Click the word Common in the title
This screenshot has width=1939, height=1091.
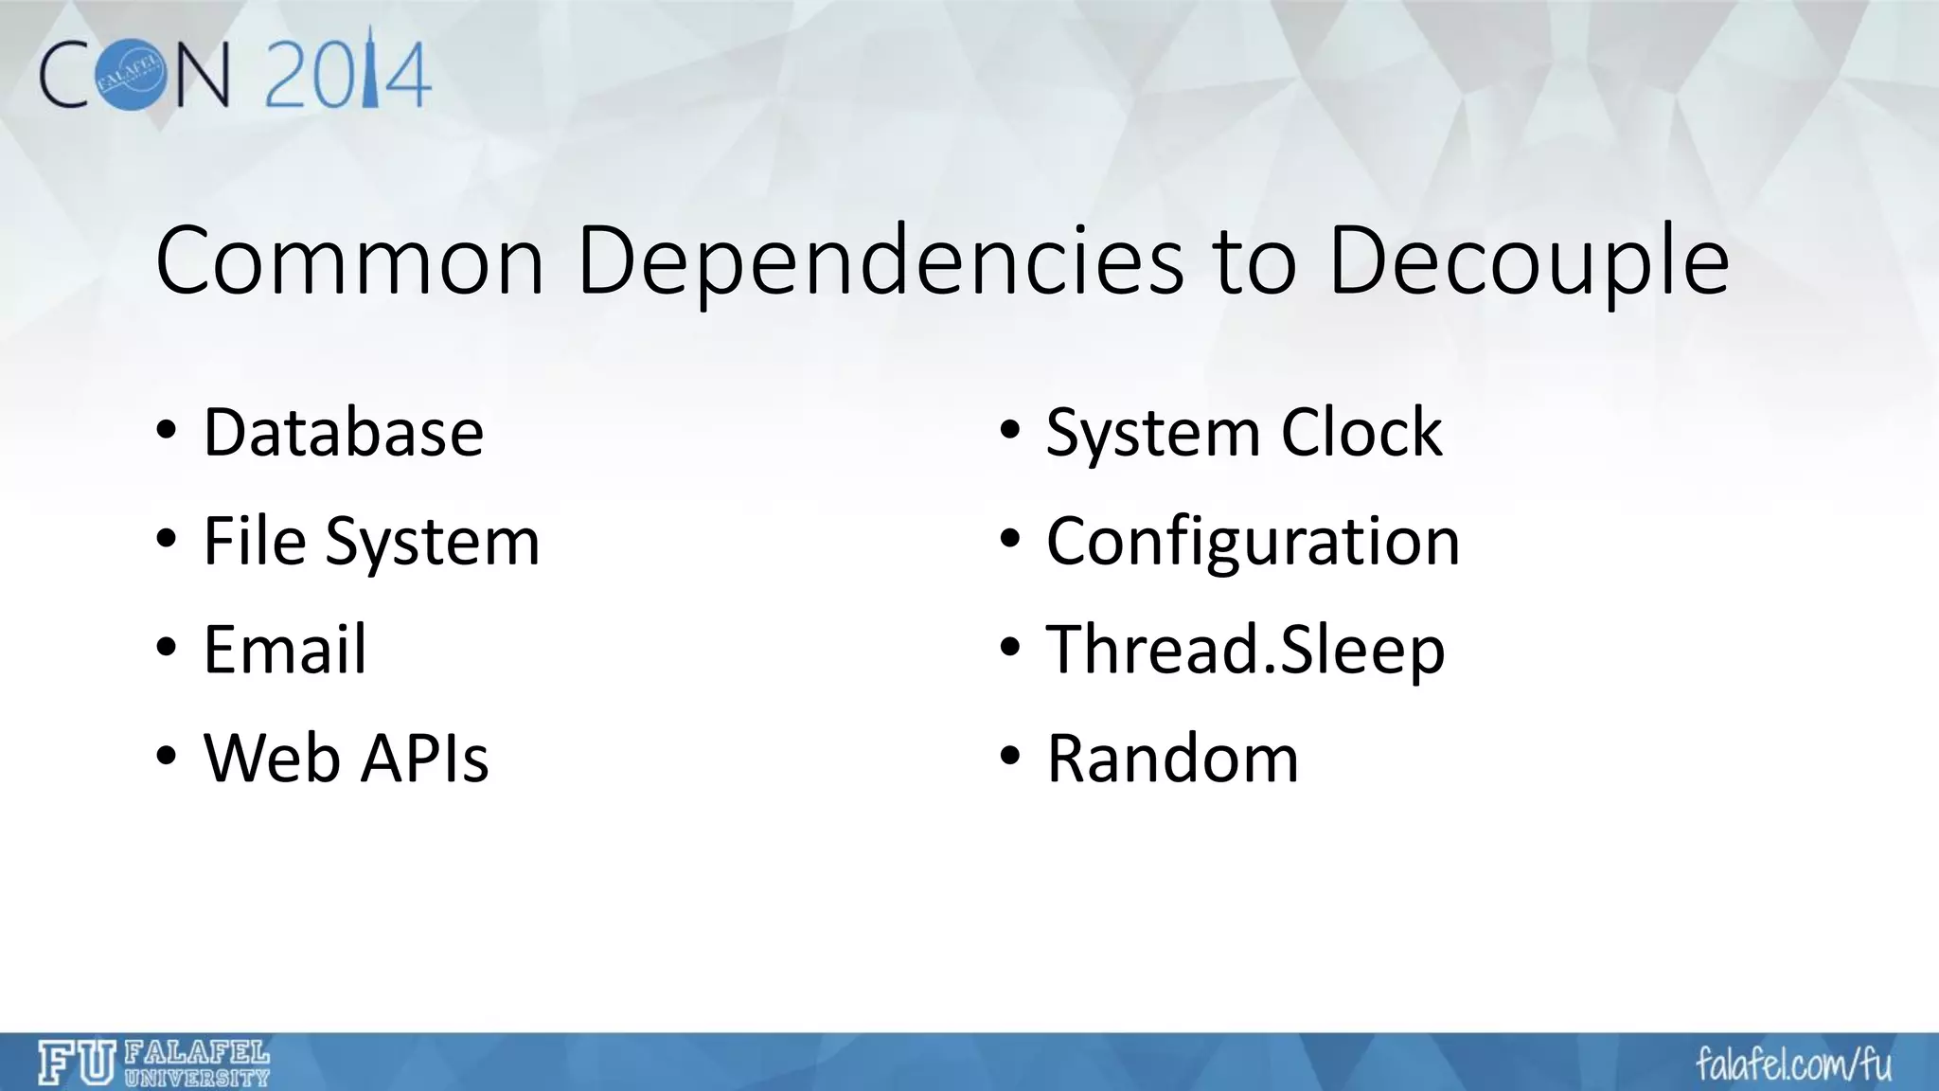click(349, 261)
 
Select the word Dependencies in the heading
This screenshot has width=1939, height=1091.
click(880, 261)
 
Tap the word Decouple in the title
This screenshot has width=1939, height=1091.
click(1528, 261)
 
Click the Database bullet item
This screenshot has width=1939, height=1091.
click(344, 433)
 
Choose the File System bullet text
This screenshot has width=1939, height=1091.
click(371, 542)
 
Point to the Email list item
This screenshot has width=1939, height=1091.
click(285, 651)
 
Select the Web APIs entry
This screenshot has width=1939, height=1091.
click(347, 759)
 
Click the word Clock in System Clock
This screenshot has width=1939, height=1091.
click(1361, 433)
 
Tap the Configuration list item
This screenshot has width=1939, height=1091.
click(1253, 542)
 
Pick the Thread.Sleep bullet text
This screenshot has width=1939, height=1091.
click(1245, 651)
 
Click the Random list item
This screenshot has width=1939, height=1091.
click(1173, 759)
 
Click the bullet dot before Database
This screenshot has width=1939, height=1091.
click(167, 432)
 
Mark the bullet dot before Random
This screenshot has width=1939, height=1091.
click(1010, 758)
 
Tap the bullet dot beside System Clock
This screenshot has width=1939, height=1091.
click(1010, 432)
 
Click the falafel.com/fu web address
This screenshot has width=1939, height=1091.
click(1793, 1064)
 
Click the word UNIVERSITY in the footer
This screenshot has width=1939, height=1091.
click(197, 1077)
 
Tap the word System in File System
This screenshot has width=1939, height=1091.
click(433, 542)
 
